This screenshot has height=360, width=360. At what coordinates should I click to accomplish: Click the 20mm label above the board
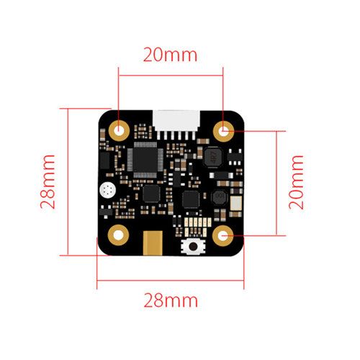(170, 55)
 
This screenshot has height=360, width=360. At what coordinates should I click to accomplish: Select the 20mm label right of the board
(296, 182)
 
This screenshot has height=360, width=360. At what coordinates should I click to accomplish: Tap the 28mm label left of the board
(48, 181)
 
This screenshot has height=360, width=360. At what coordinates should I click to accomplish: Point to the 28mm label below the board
(171, 301)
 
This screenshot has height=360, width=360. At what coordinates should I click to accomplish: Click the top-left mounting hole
(119, 131)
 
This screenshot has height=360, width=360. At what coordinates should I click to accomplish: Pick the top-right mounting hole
(224, 131)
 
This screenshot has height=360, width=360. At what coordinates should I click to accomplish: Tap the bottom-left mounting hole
(118, 235)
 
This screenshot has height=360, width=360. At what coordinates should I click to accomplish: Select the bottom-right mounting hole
(223, 235)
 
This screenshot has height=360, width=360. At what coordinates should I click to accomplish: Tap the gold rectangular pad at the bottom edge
(153, 243)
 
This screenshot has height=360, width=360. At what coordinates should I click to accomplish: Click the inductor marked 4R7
(212, 157)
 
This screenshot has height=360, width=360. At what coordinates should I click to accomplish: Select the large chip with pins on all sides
(145, 160)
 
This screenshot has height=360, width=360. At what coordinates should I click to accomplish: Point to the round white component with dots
(108, 191)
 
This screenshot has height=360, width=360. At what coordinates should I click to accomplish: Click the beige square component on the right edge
(236, 203)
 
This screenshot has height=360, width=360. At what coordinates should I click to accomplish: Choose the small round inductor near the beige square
(219, 197)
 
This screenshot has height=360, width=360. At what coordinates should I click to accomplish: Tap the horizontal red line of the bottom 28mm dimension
(171, 280)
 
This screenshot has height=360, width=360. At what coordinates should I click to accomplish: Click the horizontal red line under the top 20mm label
(171, 76)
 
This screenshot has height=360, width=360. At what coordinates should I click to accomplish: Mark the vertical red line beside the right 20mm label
(276, 183)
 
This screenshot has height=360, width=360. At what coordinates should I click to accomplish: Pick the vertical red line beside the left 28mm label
(68, 182)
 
